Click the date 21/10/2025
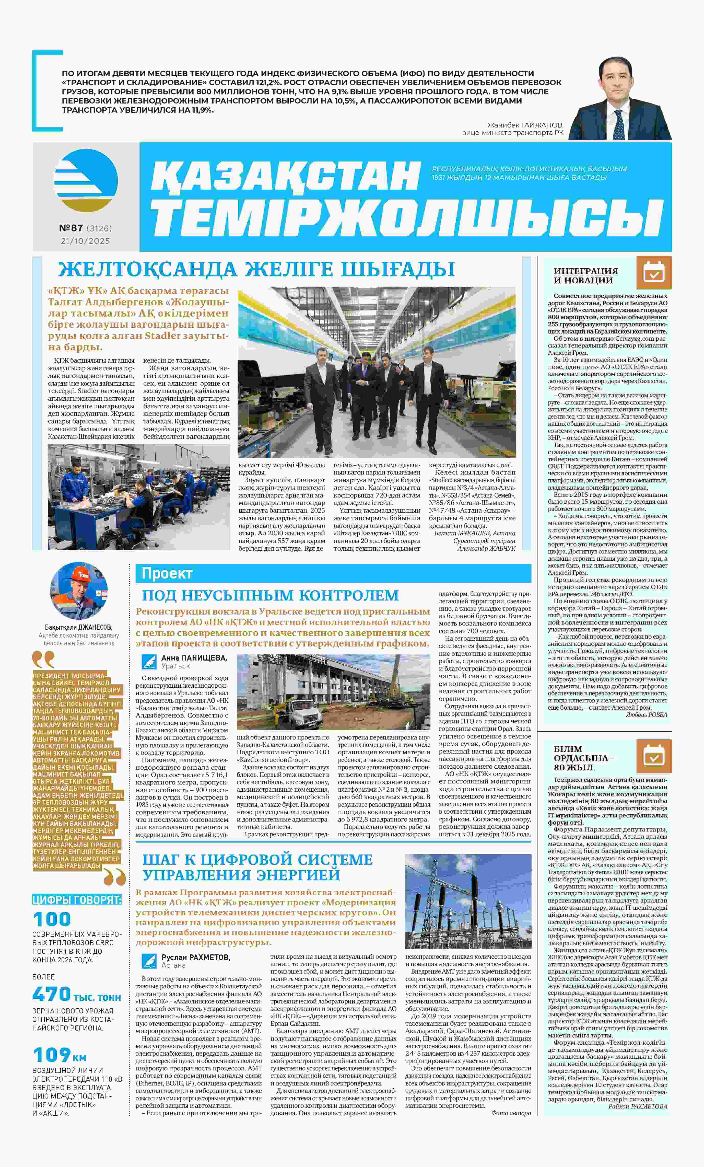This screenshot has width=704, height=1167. coord(85,241)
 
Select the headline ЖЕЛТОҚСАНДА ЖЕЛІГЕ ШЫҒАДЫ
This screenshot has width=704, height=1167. coord(256,269)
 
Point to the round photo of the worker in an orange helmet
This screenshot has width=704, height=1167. coord(79,591)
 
